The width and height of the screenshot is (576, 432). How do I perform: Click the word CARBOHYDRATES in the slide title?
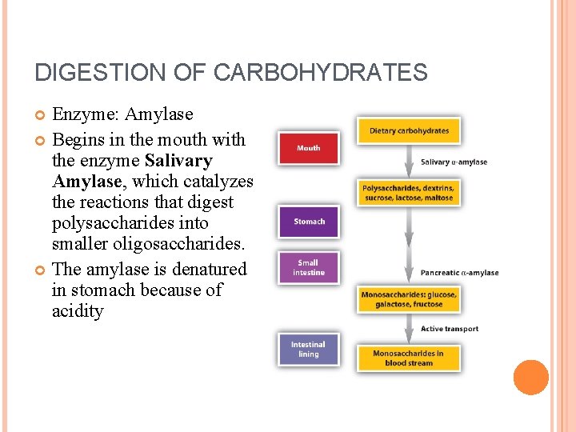[320, 73]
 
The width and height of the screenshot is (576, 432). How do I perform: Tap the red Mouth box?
[308, 148]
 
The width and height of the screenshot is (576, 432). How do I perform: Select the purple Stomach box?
[309, 222]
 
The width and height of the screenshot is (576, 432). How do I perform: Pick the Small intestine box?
[309, 267]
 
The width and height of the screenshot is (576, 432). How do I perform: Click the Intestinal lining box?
[309, 350]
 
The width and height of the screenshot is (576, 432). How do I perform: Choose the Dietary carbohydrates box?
[409, 131]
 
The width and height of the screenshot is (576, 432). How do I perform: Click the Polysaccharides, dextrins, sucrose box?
[408, 193]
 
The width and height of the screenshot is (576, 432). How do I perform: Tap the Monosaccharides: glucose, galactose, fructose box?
[409, 299]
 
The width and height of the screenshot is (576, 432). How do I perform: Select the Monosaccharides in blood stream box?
[409, 358]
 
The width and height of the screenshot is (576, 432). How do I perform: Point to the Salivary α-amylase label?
[454, 162]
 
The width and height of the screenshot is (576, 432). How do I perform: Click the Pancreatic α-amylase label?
[459, 273]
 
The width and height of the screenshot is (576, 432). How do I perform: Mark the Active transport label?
[450, 329]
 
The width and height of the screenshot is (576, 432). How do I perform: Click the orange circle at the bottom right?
[530, 378]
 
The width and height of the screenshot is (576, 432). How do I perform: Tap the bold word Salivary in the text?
[178, 161]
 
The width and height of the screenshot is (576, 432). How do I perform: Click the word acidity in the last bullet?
[78, 311]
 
